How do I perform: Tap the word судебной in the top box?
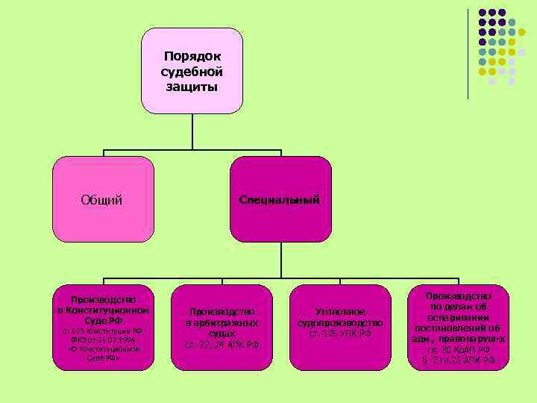[192, 72]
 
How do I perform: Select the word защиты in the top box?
[192, 87]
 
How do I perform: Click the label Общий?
[102, 200]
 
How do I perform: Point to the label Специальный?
[280, 200]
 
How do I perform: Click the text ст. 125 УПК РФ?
[339, 334]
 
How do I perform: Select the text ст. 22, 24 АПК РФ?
[222, 345]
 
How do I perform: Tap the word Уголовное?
[339, 311]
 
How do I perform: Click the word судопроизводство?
[339, 322]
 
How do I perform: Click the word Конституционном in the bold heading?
[103, 310]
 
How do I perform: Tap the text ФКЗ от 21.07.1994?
[103, 340]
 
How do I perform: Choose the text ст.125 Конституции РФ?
[103, 331]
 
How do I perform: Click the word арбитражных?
[222, 322]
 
